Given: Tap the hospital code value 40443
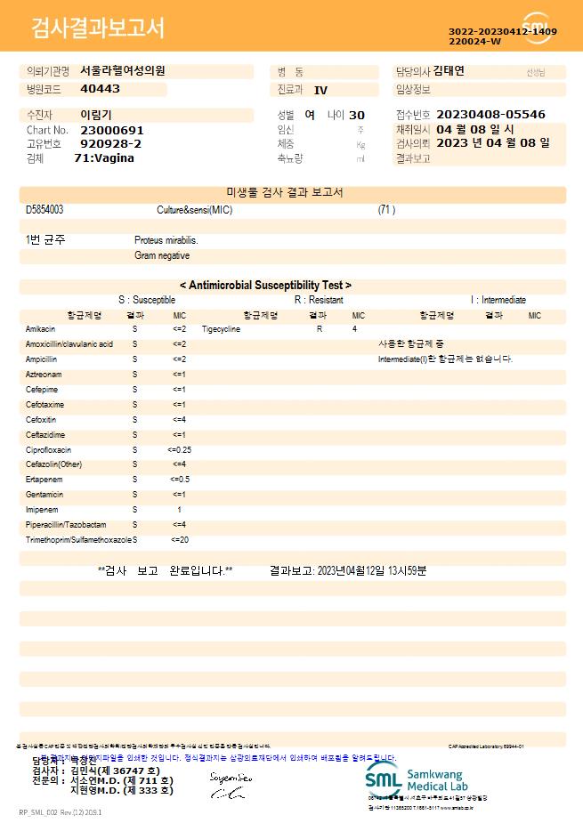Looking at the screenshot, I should (100, 89).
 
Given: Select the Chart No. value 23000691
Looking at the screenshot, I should (111, 130).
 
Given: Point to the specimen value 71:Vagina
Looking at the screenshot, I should (104, 158).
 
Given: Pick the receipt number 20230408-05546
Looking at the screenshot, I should (491, 115).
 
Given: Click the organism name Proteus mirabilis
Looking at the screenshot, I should (166, 240).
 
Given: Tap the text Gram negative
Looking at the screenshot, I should (162, 255).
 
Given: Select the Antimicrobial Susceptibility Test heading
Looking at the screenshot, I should (265, 286).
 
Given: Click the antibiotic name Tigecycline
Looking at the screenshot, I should (221, 329).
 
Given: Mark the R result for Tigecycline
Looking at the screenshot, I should (320, 329).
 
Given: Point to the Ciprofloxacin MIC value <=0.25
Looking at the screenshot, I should (179, 450).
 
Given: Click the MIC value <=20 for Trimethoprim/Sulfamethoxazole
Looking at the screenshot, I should (179, 540).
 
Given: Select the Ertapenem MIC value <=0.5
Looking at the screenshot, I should (179, 480).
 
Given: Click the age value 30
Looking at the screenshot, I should (357, 115).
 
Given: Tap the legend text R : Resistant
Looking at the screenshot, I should (319, 300).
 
